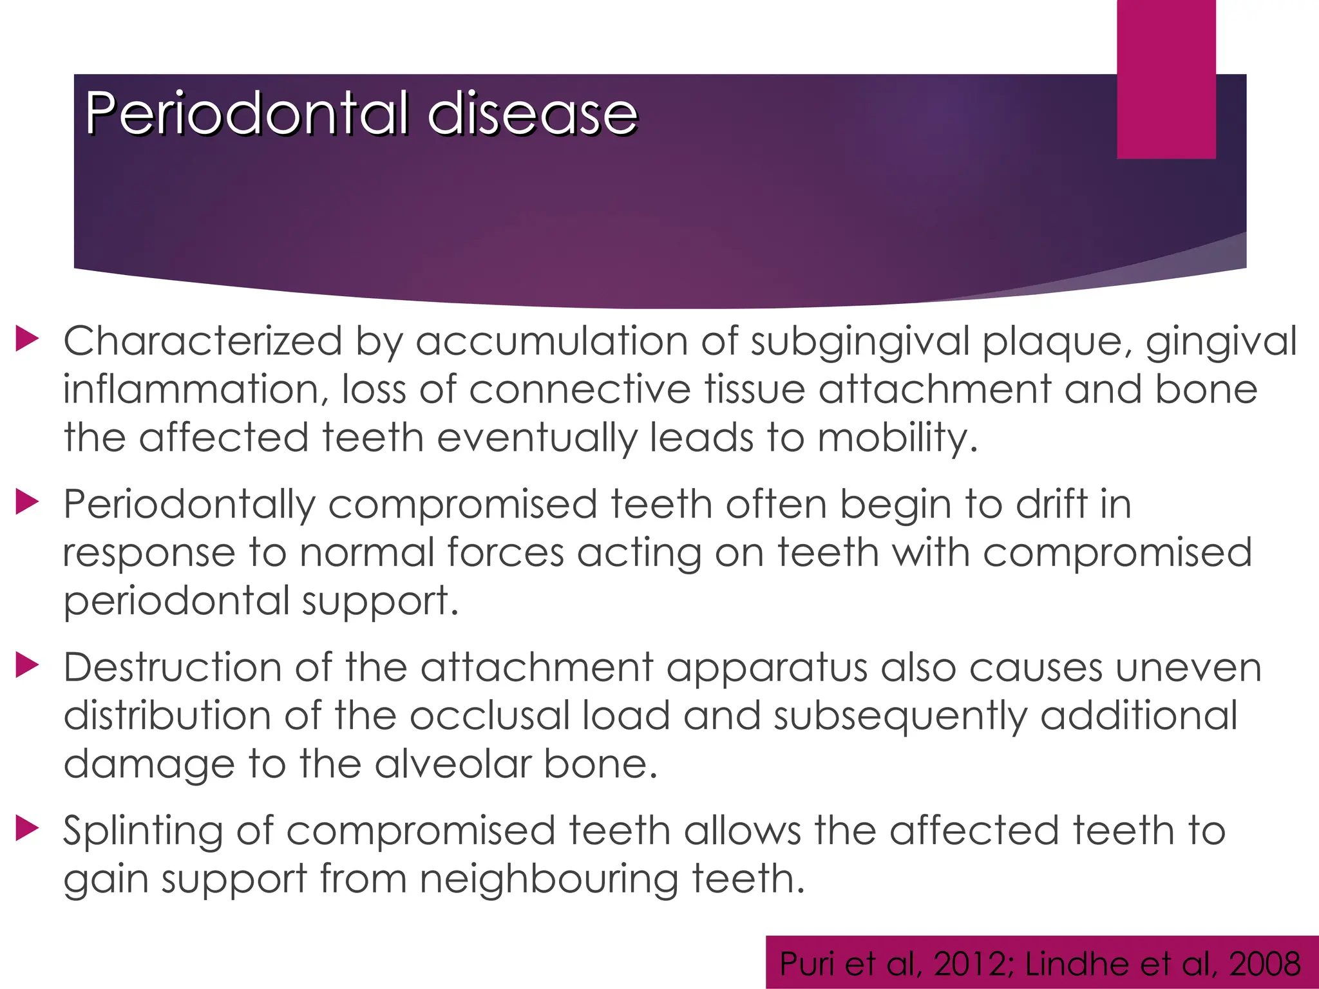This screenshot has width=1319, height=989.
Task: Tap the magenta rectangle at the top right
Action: pos(1166,79)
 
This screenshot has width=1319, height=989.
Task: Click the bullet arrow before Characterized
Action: pos(27,339)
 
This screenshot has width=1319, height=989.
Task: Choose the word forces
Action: pos(505,552)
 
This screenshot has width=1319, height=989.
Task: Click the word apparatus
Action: pos(766,668)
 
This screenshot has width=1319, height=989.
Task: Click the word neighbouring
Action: pos(549,880)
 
